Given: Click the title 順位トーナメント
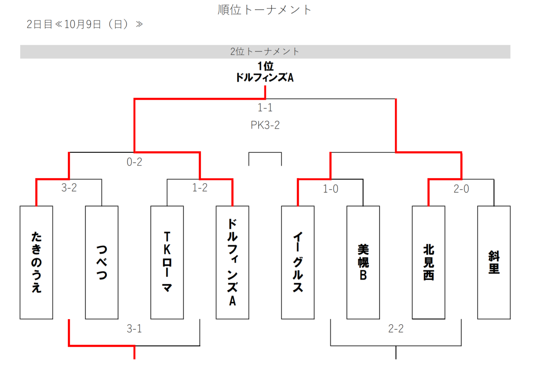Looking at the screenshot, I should [x=265, y=10].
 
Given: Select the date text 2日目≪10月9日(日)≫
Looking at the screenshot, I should [x=85, y=24].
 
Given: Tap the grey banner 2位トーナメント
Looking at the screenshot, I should [x=265, y=52].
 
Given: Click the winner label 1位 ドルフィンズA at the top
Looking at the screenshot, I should [x=265, y=72].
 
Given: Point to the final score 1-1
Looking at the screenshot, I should [x=265, y=108].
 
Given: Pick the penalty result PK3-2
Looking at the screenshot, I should [x=265, y=125].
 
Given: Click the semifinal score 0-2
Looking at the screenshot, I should [x=134, y=162].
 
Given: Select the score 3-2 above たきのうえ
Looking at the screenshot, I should [x=69, y=188].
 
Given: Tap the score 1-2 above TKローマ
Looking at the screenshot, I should [x=200, y=188].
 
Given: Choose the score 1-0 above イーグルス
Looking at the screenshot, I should [x=330, y=189].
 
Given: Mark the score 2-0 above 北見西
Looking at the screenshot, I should [x=461, y=189].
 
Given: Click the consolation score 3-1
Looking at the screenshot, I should [x=134, y=329].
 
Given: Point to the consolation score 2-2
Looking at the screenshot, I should [x=396, y=329].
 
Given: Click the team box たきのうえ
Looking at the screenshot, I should [x=36, y=262].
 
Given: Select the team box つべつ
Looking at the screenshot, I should [x=102, y=262].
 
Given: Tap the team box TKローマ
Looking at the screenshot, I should [x=167, y=262].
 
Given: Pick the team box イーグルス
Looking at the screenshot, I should [x=298, y=262].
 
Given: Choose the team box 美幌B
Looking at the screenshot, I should [x=363, y=262].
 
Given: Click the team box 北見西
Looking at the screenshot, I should [x=429, y=262].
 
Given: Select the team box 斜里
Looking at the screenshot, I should [x=494, y=262].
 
